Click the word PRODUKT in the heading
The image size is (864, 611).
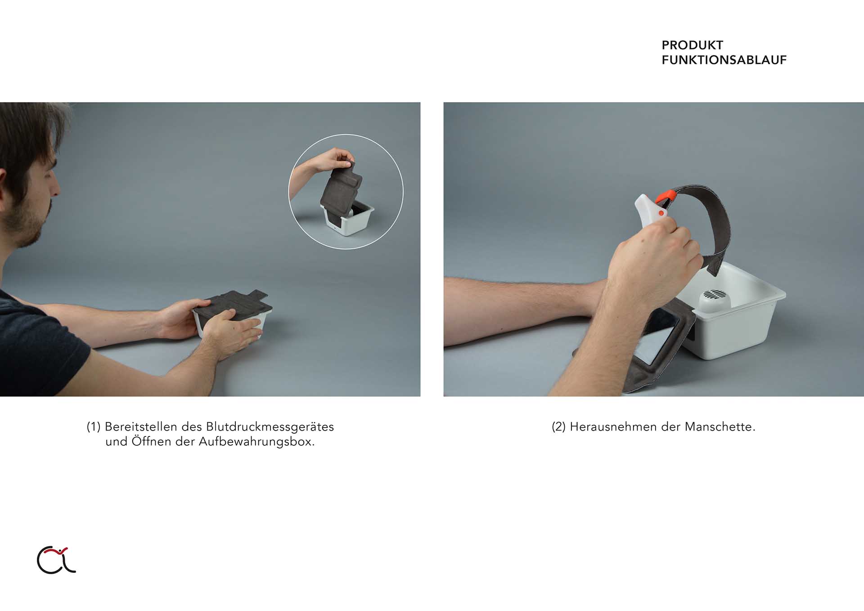(x=692, y=45)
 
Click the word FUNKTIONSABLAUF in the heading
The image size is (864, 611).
(x=724, y=60)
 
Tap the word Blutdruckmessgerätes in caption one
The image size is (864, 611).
(x=270, y=427)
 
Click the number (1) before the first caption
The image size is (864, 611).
(x=94, y=427)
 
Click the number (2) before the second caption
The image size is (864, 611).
(x=559, y=427)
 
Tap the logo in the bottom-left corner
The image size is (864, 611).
(x=56, y=560)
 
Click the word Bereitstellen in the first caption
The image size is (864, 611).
(x=141, y=427)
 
